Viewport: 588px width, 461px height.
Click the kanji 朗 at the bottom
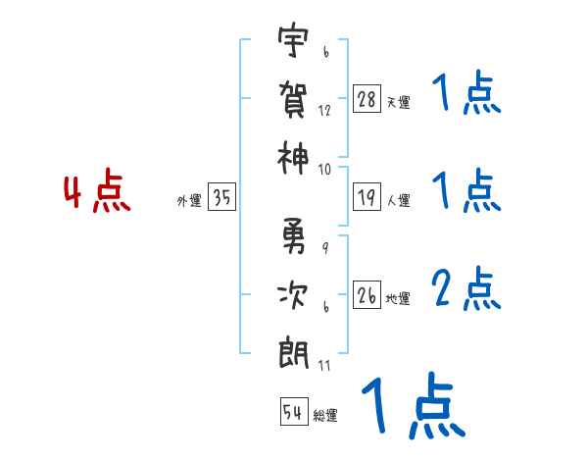(x=292, y=350)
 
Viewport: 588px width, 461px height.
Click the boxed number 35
(x=221, y=198)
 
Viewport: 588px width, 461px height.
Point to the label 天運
(x=398, y=102)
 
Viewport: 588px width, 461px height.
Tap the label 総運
(x=324, y=415)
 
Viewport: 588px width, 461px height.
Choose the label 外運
(x=189, y=201)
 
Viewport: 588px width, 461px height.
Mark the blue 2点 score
(x=465, y=288)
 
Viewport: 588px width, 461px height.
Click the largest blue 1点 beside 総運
(x=413, y=408)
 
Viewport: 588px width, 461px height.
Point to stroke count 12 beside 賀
(x=324, y=111)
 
